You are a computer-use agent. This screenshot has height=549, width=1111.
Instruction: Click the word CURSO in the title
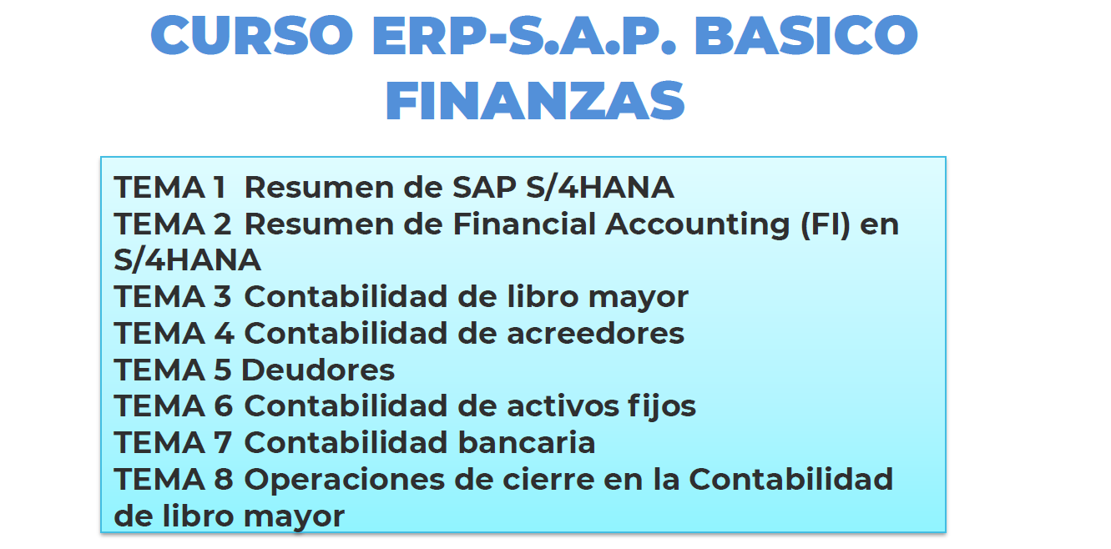(x=252, y=35)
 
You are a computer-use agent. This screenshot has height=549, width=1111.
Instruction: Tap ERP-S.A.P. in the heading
(x=524, y=35)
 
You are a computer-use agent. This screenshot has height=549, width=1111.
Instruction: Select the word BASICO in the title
(x=806, y=35)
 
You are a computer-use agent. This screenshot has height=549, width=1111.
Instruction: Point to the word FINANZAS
(x=535, y=101)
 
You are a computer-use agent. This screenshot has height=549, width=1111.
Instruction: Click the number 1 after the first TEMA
(x=220, y=188)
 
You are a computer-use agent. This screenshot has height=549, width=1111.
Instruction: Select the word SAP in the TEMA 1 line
(x=485, y=188)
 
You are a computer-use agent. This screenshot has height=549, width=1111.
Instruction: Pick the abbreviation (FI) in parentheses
(x=826, y=225)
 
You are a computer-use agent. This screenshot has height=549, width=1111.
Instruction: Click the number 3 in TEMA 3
(x=223, y=296)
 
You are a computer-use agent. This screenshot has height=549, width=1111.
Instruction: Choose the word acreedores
(x=596, y=333)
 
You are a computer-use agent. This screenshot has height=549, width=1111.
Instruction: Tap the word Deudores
(x=318, y=370)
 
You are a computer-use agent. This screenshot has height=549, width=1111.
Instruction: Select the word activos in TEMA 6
(x=563, y=405)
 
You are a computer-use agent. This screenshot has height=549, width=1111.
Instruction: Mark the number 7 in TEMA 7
(x=223, y=442)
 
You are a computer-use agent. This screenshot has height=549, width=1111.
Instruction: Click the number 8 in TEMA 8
(x=223, y=479)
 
